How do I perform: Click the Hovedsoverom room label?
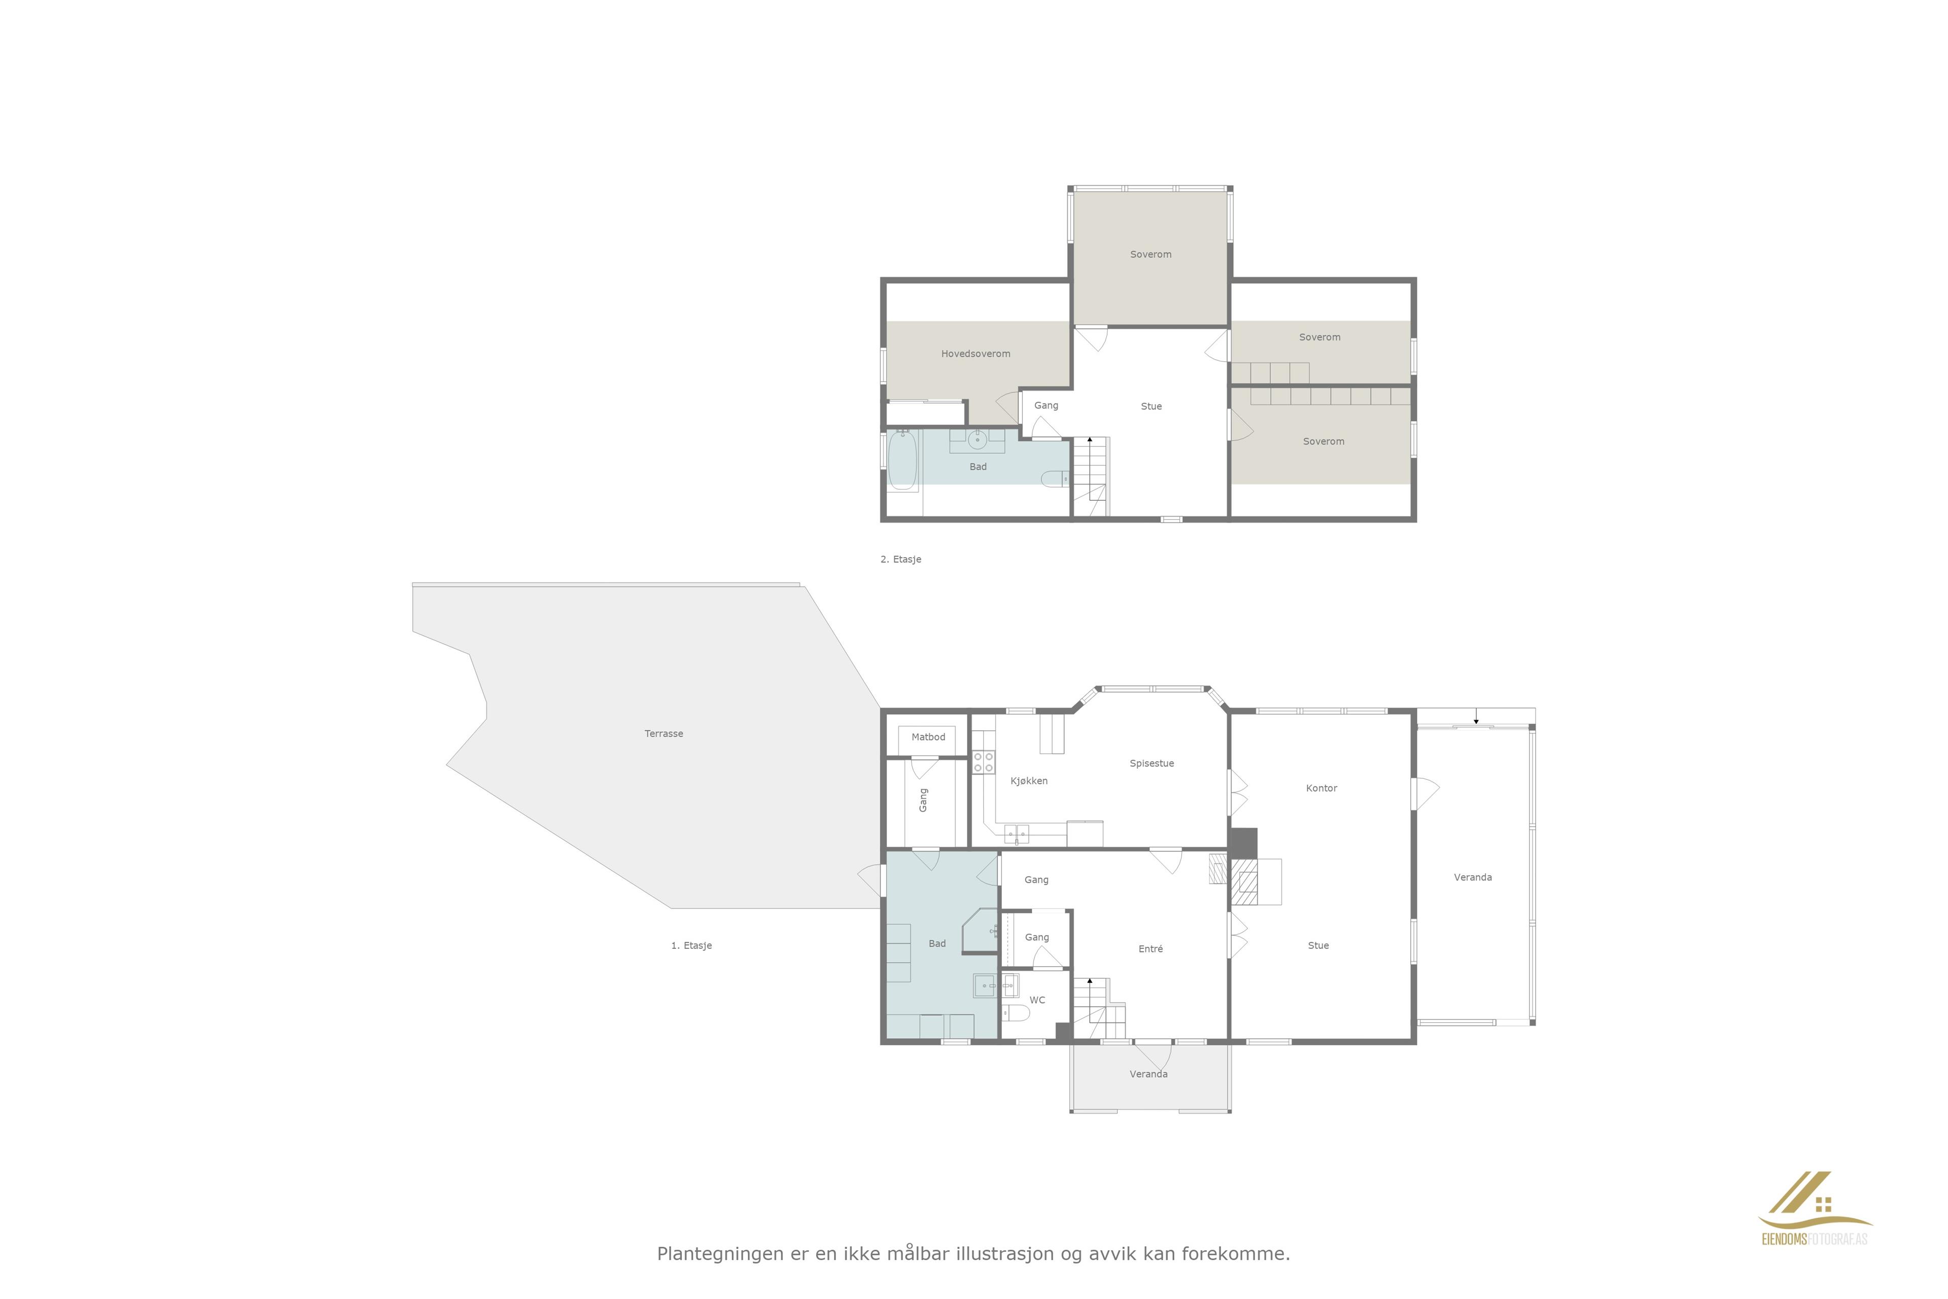coord(975,354)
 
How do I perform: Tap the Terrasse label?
coord(664,733)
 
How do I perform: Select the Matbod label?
coord(928,736)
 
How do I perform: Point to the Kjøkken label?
coord(1029,780)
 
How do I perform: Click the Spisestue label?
coord(1151,763)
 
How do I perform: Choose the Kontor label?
coord(1321,788)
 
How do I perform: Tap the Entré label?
coord(1151,948)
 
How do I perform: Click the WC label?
coord(1037,1000)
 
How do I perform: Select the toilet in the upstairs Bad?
coord(1054,478)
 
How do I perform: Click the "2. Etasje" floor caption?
coord(900,559)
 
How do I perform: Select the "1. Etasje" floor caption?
coord(691,945)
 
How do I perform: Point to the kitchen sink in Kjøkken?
coord(1016,833)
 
